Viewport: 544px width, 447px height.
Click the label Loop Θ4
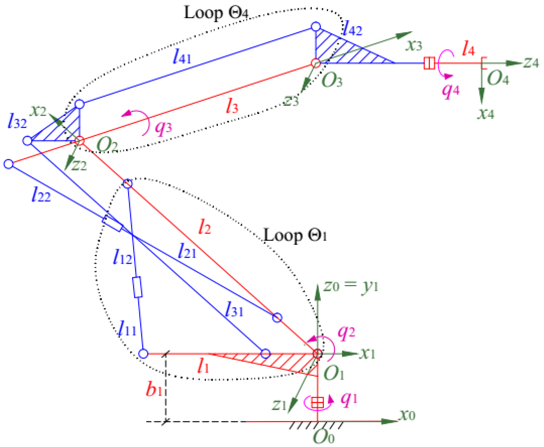[216, 13]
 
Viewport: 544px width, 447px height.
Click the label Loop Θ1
[295, 235]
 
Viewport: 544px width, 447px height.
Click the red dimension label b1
[154, 389]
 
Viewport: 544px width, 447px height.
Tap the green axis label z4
[531, 63]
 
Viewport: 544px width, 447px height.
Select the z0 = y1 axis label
[351, 286]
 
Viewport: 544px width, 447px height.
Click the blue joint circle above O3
[316, 26]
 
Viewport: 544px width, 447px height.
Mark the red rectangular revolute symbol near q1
[317, 402]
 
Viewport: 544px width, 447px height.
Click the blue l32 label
[17, 122]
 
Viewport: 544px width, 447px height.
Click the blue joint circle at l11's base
[143, 354]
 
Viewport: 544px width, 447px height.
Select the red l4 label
[468, 49]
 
